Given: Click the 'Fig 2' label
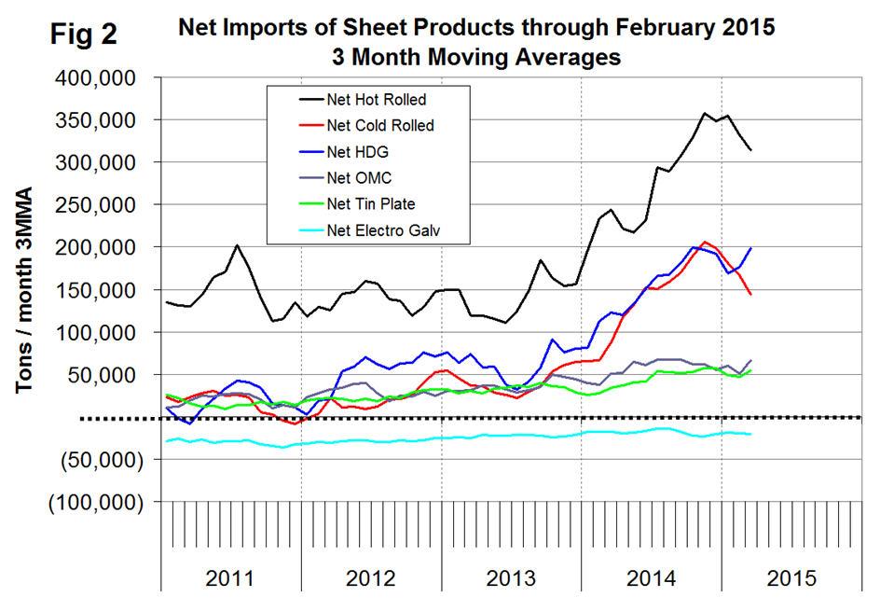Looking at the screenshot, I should click(x=83, y=35).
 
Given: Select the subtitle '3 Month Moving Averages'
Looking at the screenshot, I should click(x=475, y=56).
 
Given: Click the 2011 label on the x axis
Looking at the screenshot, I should click(x=229, y=578).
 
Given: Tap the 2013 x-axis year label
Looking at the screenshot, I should click(x=511, y=578).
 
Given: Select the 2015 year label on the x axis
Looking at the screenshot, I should click(x=791, y=578).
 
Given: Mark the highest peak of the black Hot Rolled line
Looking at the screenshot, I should click(x=705, y=114).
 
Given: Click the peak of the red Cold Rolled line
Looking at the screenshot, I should click(x=705, y=242).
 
